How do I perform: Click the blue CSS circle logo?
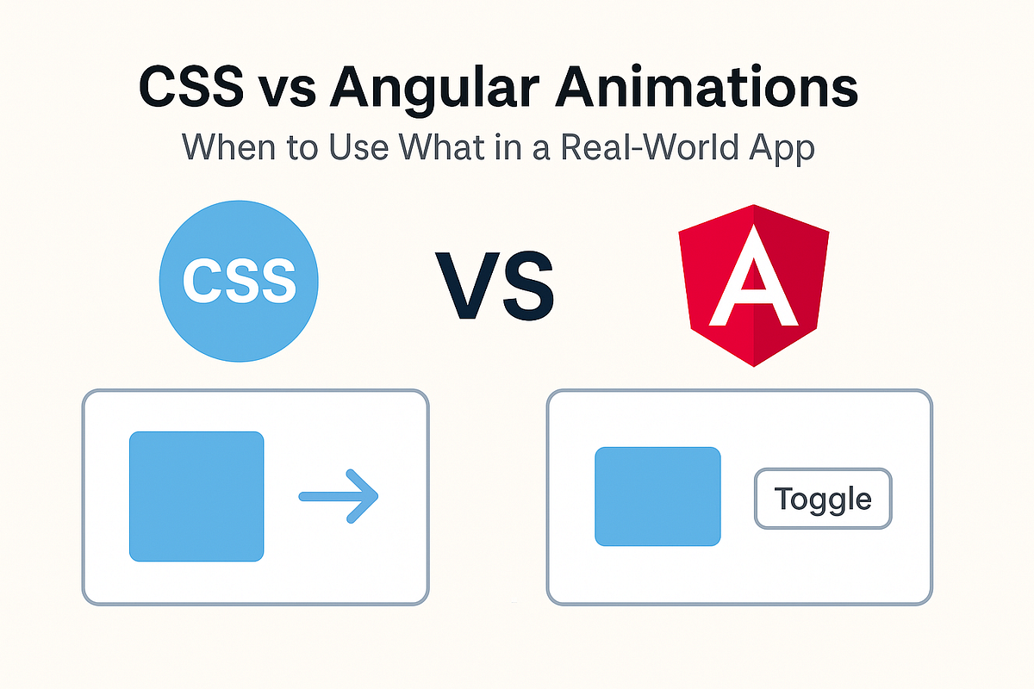tap(239, 279)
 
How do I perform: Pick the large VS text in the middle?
tap(495, 282)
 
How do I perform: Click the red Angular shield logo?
tap(755, 284)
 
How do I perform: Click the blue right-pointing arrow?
tap(338, 496)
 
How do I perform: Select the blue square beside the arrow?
tap(196, 496)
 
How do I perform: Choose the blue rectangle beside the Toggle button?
tap(657, 496)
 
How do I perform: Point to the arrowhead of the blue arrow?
tap(364, 496)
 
